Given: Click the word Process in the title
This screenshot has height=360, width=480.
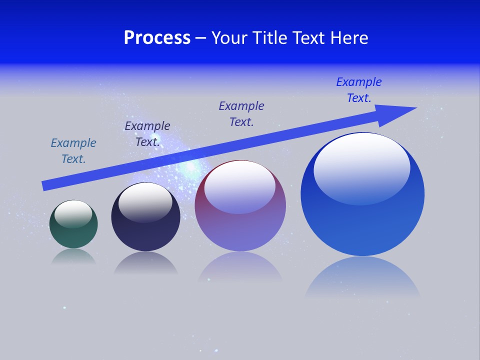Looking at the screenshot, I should [157, 38].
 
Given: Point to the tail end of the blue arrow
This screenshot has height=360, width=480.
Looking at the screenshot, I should [44, 186].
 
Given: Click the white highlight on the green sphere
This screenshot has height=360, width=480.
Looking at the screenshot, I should [73, 213].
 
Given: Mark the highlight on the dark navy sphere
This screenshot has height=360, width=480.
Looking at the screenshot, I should [145, 202].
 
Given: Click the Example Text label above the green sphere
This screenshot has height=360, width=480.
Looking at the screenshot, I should [73, 151].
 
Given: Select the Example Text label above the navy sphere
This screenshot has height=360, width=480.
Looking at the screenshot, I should [147, 134].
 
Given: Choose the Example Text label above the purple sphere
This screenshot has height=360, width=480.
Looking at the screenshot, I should [241, 114].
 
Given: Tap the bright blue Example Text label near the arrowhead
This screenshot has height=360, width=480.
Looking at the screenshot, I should [359, 90].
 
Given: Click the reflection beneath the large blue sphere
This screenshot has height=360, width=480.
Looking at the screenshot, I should [362, 277].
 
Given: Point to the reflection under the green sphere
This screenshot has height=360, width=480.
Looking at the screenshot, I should [73, 257].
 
